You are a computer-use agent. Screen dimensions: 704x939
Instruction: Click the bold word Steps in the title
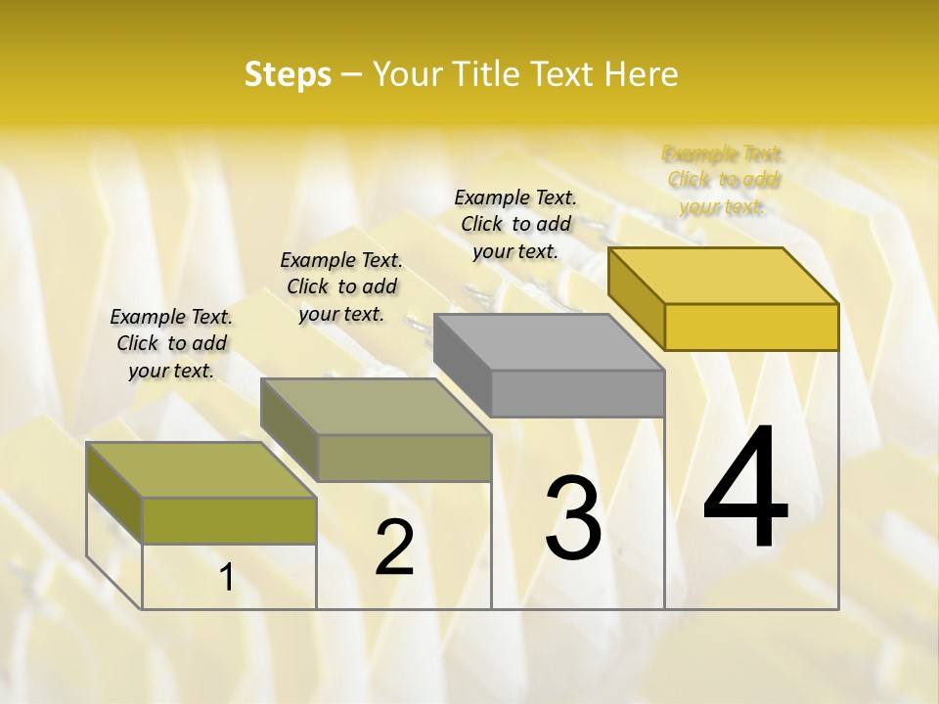pyautogui.click(x=288, y=74)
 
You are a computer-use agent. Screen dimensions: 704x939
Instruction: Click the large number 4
pyautogui.click(x=745, y=489)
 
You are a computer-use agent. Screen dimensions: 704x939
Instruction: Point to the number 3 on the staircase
pyautogui.click(x=573, y=518)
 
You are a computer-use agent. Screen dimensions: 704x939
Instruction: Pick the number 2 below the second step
pyautogui.click(x=394, y=548)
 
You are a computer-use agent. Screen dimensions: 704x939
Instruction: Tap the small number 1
pyautogui.click(x=226, y=578)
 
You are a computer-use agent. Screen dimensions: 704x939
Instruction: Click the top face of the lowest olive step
pyautogui.click(x=201, y=469)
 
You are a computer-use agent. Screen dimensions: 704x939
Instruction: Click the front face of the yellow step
pyautogui.click(x=751, y=327)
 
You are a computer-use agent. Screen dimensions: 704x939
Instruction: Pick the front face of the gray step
pyautogui.click(x=577, y=393)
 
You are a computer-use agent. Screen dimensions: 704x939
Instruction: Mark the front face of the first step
pyautogui.click(x=229, y=520)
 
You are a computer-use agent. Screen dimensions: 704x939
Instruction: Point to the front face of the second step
pyautogui.click(x=403, y=458)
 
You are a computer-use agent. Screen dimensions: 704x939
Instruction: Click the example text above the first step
pyautogui.click(x=171, y=343)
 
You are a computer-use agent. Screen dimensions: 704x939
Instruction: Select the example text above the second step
pyautogui.click(x=341, y=286)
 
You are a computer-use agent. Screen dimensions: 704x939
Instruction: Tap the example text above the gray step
pyautogui.click(x=515, y=224)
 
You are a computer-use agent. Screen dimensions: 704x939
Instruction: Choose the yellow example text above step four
pyautogui.click(x=724, y=180)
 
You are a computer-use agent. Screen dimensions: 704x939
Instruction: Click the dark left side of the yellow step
pyautogui.click(x=636, y=293)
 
